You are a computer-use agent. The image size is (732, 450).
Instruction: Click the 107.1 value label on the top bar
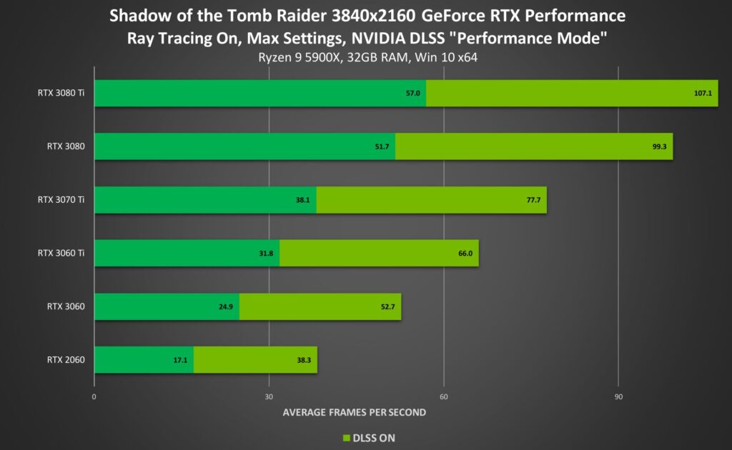point(702,94)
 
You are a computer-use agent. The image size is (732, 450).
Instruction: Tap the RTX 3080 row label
point(66,146)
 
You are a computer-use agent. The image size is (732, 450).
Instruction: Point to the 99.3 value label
point(657,146)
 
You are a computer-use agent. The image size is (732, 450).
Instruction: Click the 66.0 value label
point(464,253)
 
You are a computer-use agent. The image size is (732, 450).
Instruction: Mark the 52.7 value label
point(387,306)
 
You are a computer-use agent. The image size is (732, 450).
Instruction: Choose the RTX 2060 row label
point(66,359)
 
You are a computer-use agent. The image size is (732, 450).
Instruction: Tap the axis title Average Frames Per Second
point(355,412)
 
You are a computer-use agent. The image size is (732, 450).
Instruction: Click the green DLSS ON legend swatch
point(347,437)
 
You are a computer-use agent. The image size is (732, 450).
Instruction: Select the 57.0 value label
point(412,94)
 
